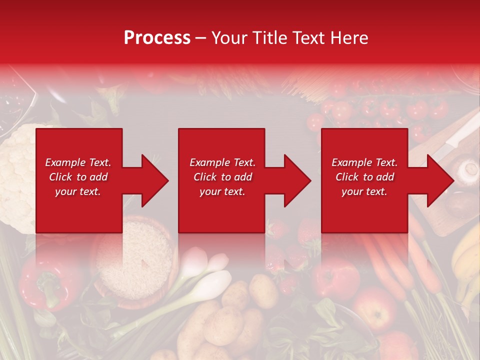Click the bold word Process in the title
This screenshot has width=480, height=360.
coord(157,38)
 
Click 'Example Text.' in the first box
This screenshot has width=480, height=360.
coord(78,162)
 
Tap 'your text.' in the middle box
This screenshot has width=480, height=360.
coord(222,191)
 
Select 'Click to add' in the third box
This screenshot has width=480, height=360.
coord(364,177)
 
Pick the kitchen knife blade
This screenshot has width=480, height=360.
coord(457,135)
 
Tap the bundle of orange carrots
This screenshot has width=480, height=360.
coord(400,265)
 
